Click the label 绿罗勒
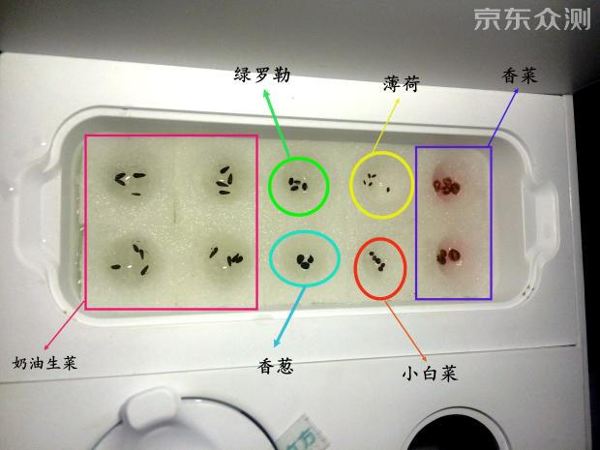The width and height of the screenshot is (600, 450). click(262, 75)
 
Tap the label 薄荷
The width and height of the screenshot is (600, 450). click(401, 85)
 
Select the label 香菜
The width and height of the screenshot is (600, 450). click(520, 75)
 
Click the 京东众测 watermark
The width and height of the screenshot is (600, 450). click(531, 20)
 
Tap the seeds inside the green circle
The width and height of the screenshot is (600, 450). click(299, 184)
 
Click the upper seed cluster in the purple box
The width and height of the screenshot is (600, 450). click(448, 184)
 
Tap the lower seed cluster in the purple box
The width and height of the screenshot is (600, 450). click(450, 256)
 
